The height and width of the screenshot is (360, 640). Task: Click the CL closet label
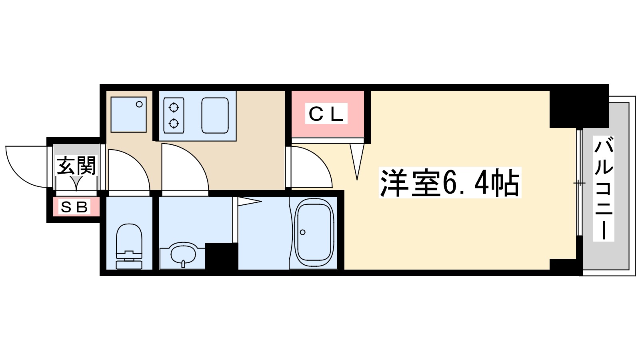point(326,114)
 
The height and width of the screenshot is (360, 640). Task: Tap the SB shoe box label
point(74,207)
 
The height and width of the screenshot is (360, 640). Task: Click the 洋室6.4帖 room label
point(450,183)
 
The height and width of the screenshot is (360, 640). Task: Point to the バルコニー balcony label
point(603,188)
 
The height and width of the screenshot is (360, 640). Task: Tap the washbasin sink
point(183,254)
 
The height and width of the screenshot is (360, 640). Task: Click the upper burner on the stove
point(174,108)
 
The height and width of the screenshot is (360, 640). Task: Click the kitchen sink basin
point(215,115)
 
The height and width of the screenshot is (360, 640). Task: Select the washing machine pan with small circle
point(128,114)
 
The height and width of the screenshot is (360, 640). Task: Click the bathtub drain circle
point(303,232)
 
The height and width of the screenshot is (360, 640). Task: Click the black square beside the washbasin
point(221,256)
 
